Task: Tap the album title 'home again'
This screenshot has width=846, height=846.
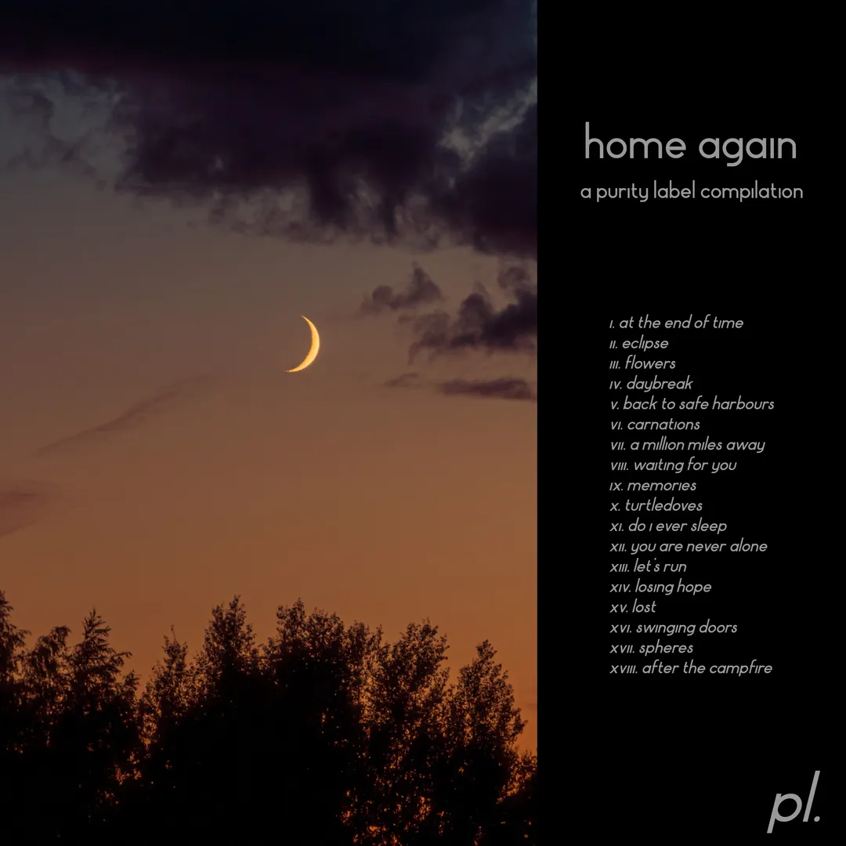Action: coord(691,144)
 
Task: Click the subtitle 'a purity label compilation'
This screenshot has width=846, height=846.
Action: coord(692,192)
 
